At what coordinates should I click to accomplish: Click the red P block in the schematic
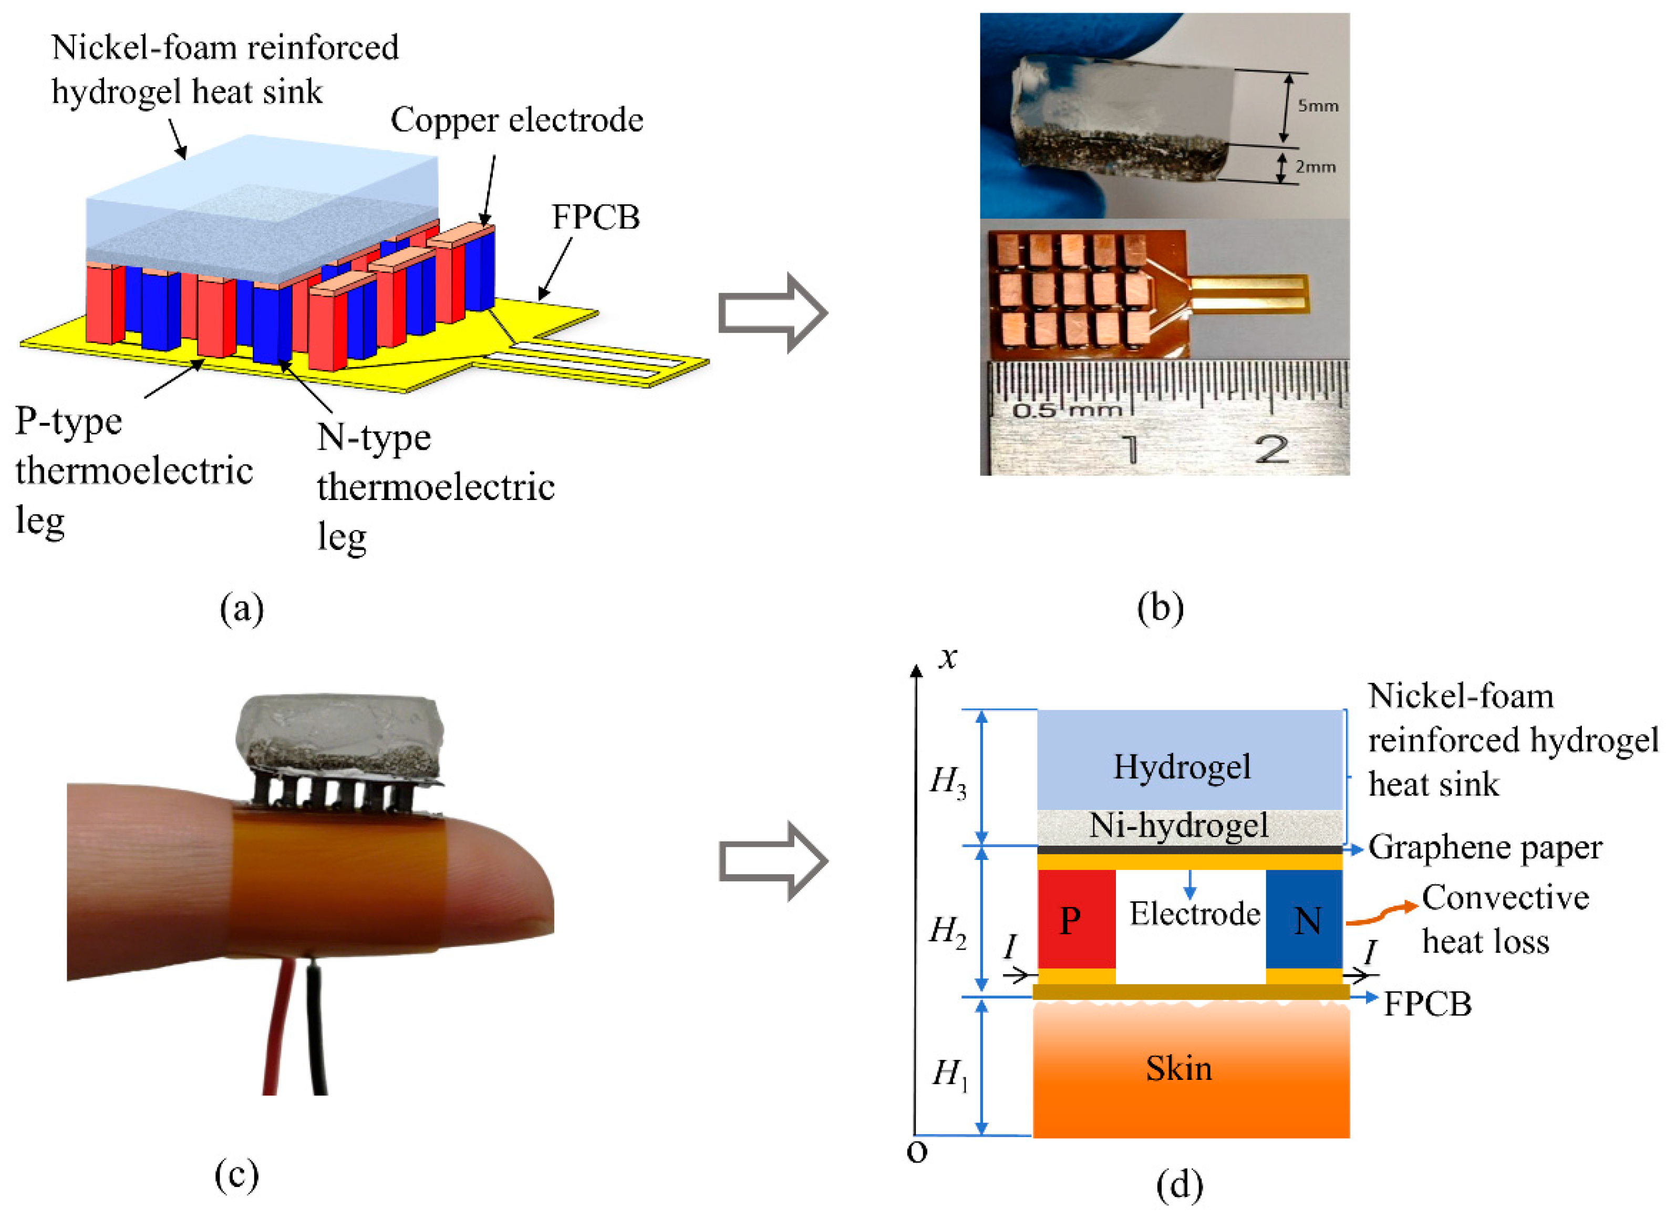click(x=1077, y=919)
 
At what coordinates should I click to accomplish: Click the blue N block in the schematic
click(x=1303, y=919)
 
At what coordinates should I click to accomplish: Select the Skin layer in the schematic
click(x=1191, y=1069)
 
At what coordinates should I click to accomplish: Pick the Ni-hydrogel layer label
click(x=1179, y=826)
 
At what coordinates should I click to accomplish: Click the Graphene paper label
click(x=1485, y=848)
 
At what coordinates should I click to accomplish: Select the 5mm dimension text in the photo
click(x=1318, y=106)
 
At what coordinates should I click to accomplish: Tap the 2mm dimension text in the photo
click(x=1315, y=167)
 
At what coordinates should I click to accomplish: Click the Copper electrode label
click(x=516, y=119)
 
